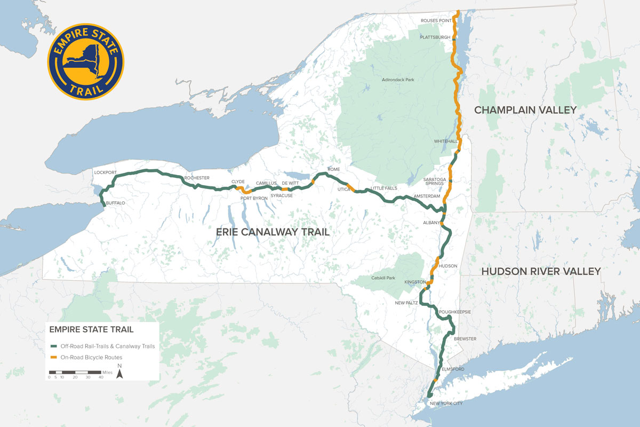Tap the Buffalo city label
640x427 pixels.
tap(116, 203)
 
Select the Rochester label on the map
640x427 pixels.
tap(197, 178)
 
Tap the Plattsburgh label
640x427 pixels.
tap(435, 38)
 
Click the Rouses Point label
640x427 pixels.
tap(436, 21)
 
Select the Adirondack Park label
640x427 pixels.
tap(398, 80)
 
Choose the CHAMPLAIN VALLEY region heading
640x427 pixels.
tap(525, 110)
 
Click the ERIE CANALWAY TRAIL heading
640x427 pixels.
tap(273, 232)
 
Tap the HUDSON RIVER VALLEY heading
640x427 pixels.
tap(541, 272)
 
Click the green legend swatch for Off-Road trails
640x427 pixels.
tap(53, 346)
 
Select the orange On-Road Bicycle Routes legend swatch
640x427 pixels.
tap(53, 357)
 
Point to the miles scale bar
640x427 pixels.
tap(75, 371)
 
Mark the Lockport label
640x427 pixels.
tap(105, 173)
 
